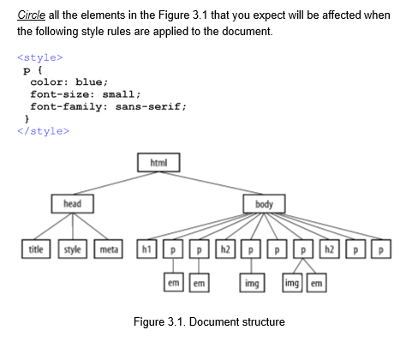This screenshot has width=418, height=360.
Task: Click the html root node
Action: (158, 161)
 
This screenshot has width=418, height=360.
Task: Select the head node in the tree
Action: (72, 203)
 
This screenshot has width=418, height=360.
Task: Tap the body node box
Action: (264, 204)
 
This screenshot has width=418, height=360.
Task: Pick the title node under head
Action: (36, 249)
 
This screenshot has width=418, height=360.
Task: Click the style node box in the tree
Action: (72, 249)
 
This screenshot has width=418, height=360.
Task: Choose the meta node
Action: (108, 249)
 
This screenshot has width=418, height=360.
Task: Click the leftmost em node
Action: (174, 282)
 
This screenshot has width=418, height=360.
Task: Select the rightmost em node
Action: (317, 282)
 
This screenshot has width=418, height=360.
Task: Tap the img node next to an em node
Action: (291, 282)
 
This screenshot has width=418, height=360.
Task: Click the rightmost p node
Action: (381, 249)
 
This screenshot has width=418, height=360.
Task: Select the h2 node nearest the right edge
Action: (330, 249)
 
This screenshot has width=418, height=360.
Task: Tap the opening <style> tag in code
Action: (39, 57)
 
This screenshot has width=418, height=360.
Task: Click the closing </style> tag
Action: (42, 131)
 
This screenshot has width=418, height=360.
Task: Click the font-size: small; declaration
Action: (85, 94)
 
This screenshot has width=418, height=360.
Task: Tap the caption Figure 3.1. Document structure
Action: (209, 321)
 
